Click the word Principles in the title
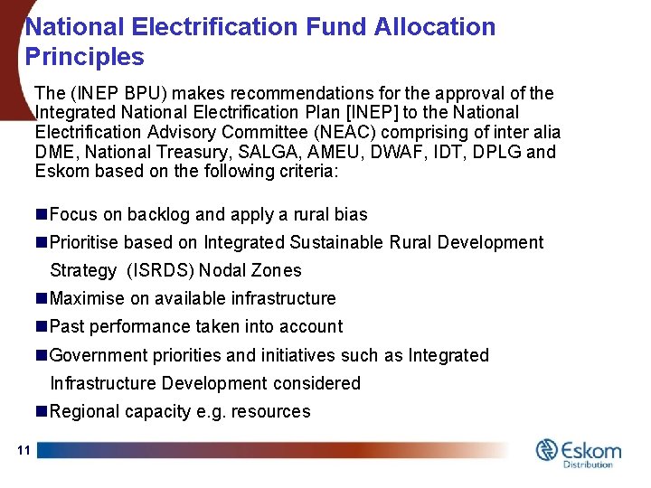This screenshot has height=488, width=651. click(85, 57)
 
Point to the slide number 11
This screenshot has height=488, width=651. click(24, 450)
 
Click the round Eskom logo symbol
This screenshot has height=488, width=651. click(547, 450)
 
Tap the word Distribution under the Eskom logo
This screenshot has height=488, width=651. click(588, 465)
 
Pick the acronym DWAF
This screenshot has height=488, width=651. click(362, 151)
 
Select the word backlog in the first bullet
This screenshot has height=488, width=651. click(159, 214)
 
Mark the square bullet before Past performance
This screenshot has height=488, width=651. click(42, 326)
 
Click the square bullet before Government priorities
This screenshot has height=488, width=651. click(42, 355)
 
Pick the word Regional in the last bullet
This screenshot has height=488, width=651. click(85, 411)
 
